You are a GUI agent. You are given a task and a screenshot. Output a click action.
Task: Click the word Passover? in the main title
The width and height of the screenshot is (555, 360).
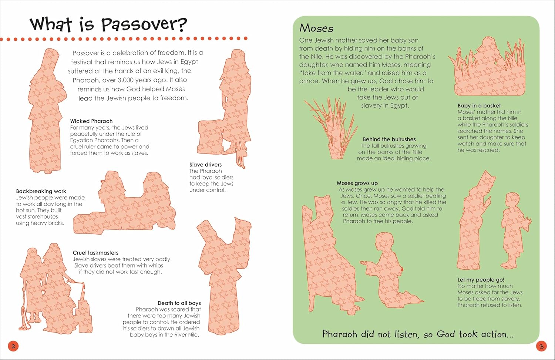tap(144, 25)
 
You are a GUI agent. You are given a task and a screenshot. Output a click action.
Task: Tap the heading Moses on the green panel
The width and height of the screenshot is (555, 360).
tap(316, 28)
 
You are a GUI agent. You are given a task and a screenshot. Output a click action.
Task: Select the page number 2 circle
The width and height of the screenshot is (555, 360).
tap(13, 346)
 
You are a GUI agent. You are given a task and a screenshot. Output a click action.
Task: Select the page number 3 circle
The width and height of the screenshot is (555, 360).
tap(541, 346)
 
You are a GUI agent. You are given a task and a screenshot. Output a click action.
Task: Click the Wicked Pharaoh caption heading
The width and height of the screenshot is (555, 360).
tap(91, 121)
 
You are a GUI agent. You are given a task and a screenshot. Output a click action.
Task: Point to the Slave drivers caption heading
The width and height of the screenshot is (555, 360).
tap(205, 165)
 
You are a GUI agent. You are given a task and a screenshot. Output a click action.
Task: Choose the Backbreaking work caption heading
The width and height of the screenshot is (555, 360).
tap(41, 191)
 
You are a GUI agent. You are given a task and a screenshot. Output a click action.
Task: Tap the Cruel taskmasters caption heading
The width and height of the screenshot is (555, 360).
tap(95, 253)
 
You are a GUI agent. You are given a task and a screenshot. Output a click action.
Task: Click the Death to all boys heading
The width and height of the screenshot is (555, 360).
tap(179, 303)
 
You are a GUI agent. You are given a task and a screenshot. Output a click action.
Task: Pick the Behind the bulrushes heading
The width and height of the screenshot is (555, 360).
tap(389, 139)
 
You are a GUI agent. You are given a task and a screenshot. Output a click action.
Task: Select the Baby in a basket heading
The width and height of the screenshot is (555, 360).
tap(479, 105)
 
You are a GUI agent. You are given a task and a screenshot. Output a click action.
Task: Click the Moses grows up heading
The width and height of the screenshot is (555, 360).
tap(357, 183)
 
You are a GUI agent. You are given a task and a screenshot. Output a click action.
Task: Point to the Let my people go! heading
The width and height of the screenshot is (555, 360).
tap(481, 280)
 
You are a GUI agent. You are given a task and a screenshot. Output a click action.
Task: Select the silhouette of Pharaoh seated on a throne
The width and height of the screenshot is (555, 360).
tap(327, 259)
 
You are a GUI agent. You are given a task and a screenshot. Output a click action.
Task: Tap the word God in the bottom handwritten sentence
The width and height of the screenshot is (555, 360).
tap(445, 334)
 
